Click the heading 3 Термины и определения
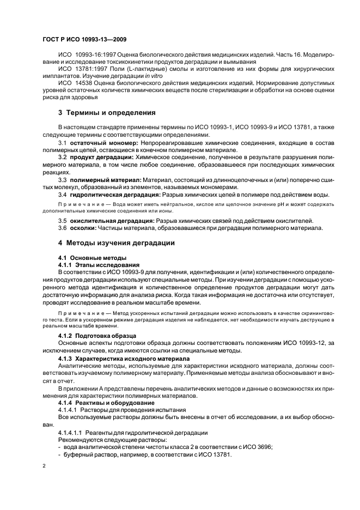pos(107,113)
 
